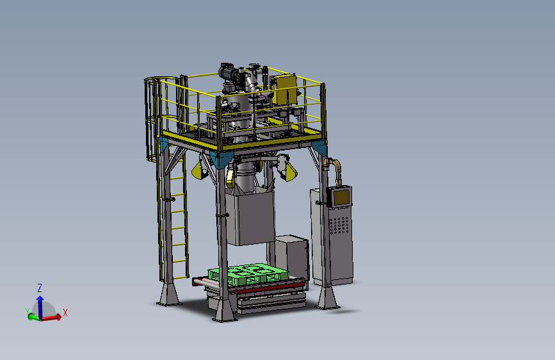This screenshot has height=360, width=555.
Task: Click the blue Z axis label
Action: coord(40,288)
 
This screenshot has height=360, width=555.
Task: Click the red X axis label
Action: coord(65,313)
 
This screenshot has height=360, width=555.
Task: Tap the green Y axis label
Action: coord(28,311)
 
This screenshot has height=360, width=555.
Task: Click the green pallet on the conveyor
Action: coord(248,274)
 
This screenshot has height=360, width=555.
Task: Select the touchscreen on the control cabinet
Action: coord(341,198)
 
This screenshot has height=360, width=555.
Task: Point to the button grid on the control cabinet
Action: coord(339,225)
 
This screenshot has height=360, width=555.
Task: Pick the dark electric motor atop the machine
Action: coord(227,72)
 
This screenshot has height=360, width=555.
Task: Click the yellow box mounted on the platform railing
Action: coord(286,90)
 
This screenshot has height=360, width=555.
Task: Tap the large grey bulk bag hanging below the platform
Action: coord(250,217)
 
